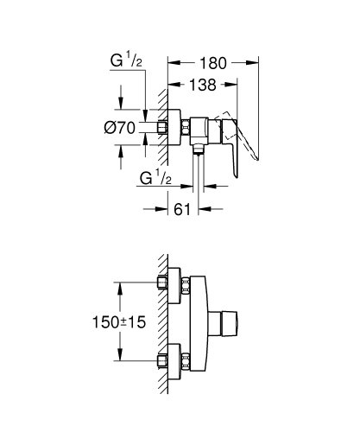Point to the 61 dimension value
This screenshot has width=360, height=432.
click(180, 206)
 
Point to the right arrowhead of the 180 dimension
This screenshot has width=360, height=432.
click(255, 60)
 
